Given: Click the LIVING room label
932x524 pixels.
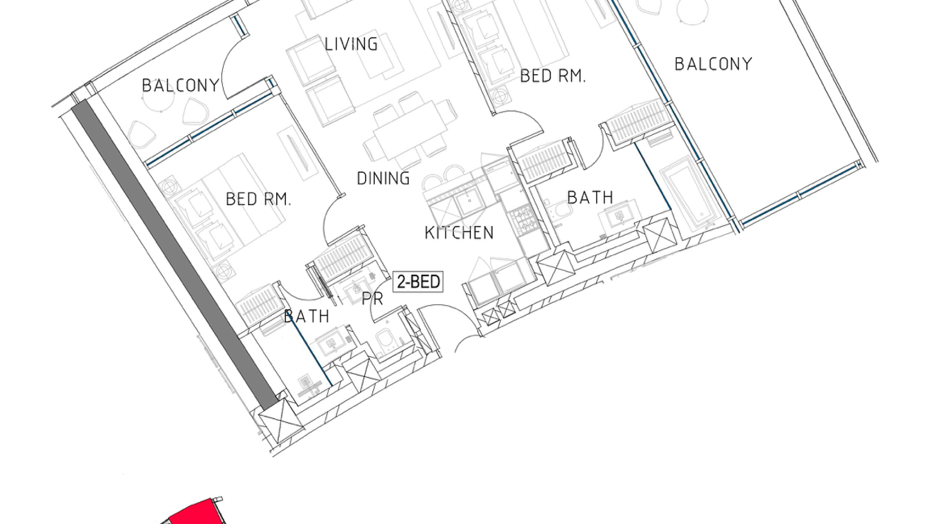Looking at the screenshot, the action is click(351, 44).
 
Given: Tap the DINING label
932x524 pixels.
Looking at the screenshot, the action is click(383, 179).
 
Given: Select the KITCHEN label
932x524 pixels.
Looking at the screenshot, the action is click(459, 233).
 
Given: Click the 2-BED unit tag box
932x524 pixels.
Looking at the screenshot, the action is click(418, 281).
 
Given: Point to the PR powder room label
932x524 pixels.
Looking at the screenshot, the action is click(372, 299).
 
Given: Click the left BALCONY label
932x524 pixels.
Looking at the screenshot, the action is click(181, 85).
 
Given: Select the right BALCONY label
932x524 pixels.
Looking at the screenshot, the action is click(713, 64).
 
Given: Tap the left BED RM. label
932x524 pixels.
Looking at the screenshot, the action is click(258, 199).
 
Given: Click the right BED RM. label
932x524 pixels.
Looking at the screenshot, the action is click(552, 76).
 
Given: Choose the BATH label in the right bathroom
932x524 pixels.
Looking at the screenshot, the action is click(590, 197).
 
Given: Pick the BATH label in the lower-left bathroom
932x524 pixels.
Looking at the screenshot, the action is click(307, 317).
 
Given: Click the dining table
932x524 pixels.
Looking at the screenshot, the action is click(411, 130).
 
